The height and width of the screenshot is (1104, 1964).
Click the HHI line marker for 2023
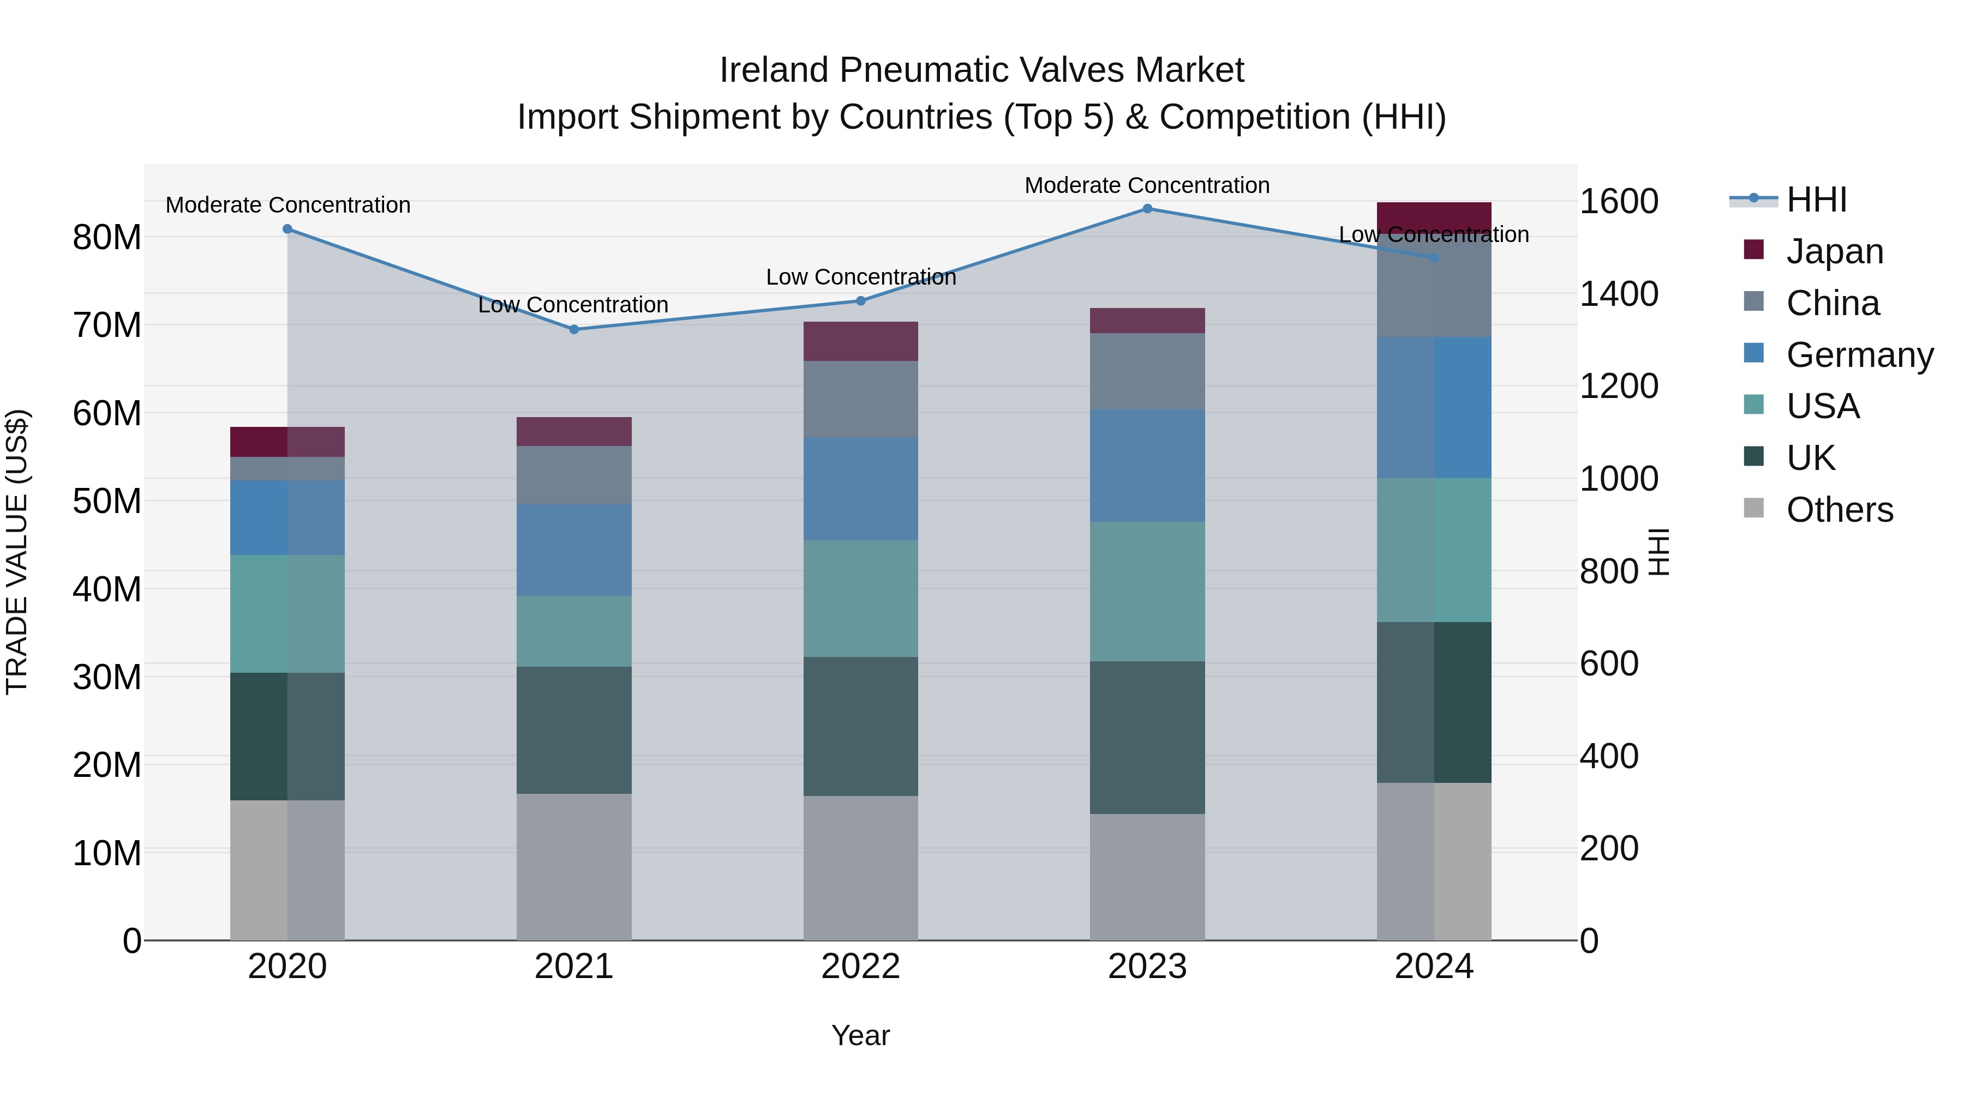click(x=1147, y=209)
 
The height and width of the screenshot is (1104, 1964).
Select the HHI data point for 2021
click(x=574, y=329)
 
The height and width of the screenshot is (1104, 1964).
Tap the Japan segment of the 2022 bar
click(x=861, y=341)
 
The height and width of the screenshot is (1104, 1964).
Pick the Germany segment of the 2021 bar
click(x=574, y=550)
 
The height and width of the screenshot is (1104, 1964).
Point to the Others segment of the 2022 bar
click(x=861, y=868)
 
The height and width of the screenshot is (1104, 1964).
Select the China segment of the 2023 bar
click(x=1147, y=371)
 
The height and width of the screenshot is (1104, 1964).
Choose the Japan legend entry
click(x=1834, y=251)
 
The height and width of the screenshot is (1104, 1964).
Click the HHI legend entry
click(x=1816, y=200)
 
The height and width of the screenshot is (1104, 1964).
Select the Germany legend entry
click(x=1859, y=355)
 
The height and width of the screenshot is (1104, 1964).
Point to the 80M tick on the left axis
click(x=107, y=238)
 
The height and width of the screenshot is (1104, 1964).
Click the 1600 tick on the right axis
click(x=1619, y=202)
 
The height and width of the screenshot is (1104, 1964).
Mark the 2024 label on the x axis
click(x=1433, y=967)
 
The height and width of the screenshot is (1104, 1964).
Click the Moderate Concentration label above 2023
click(x=1147, y=185)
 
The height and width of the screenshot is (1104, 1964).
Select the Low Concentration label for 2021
click(x=573, y=305)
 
